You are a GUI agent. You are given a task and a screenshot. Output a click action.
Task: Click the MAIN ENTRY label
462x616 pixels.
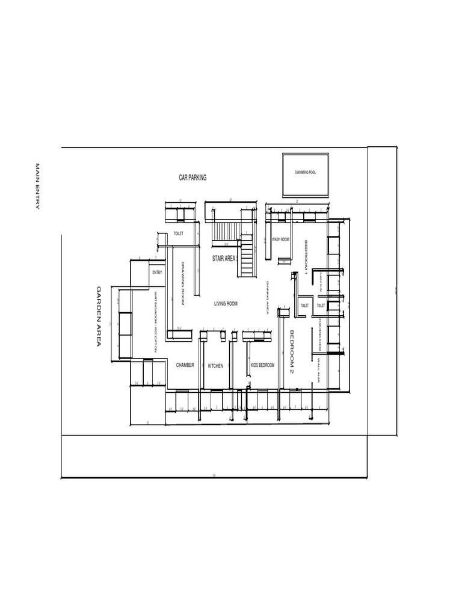pyautogui.click(x=37, y=186)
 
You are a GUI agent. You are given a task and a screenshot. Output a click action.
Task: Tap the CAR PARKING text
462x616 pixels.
pyautogui.click(x=192, y=177)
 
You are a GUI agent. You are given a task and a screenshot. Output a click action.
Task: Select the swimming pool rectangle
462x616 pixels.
pyautogui.click(x=306, y=174)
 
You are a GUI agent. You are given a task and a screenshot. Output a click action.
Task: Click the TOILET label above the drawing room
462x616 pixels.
pyautogui.click(x=178, y=233)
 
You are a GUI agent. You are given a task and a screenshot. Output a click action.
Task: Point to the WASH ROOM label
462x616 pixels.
pyautogui.click(x=280, y=239)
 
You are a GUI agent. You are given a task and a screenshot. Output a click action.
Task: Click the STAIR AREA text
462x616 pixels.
pyautogui.click(x=224, y=258)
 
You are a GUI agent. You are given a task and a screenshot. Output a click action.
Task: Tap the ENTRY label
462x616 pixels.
pyautogui.click(x=157, y=273)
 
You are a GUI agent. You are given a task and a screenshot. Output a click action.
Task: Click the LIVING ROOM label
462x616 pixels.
pyautogui.click(x=226, y=304)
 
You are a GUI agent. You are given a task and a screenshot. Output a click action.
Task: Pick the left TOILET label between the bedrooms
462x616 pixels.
pyautogui.click(x=304, y=306)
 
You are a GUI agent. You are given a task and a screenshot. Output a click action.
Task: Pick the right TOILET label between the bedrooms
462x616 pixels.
pyautogui.click(x=321, y=306)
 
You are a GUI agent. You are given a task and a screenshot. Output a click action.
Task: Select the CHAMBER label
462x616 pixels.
pyautogui.click(x=185, y=365)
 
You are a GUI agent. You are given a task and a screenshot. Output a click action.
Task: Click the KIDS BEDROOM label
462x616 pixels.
pyautogui.click(x=262, y=365)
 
